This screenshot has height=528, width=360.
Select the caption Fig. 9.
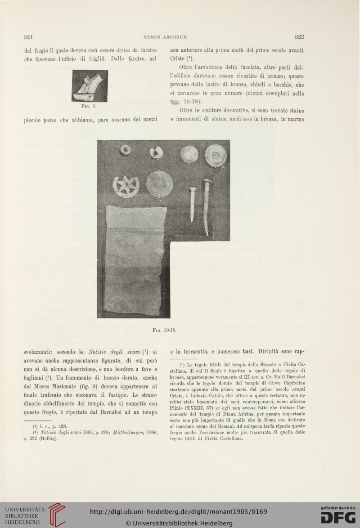(x=90, y=107)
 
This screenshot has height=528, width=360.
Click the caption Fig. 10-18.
(x=163, y=328)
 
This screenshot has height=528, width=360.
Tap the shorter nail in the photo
(x=192, y=203)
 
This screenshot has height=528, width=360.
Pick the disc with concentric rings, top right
(x=216, y=156)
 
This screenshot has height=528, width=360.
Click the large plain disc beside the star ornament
(x=160, y=184)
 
